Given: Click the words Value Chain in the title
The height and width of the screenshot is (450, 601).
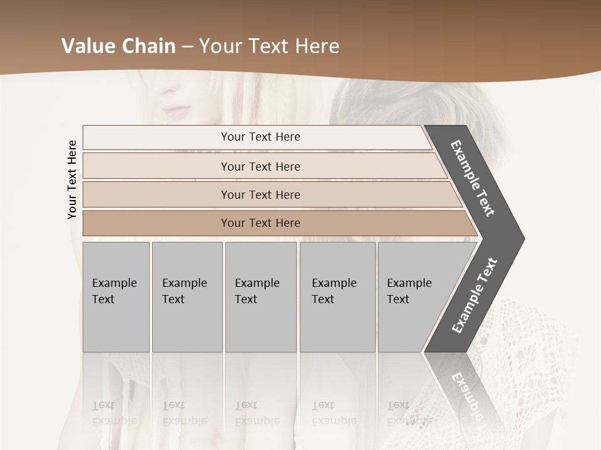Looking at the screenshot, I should (x=118, y=46).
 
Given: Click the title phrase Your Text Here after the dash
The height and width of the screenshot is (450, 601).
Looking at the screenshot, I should (x=269, y=46).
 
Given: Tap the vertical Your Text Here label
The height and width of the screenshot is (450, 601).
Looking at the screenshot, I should (x=72, y=179).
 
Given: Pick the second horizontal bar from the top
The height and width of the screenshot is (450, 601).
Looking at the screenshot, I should (x=260, y=166).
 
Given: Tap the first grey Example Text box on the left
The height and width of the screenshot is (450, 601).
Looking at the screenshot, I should (x=116, y=297).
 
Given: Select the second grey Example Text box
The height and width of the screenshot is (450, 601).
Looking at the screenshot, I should (x=187, y=297).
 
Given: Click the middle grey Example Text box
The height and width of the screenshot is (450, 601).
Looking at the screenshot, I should (x=260, y=297).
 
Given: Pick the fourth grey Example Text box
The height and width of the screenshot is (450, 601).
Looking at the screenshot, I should (x=337, y=297).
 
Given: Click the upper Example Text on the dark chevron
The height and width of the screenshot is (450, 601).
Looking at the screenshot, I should (x=473, y=178).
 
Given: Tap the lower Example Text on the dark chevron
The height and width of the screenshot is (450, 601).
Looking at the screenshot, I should (x=474, y=296).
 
